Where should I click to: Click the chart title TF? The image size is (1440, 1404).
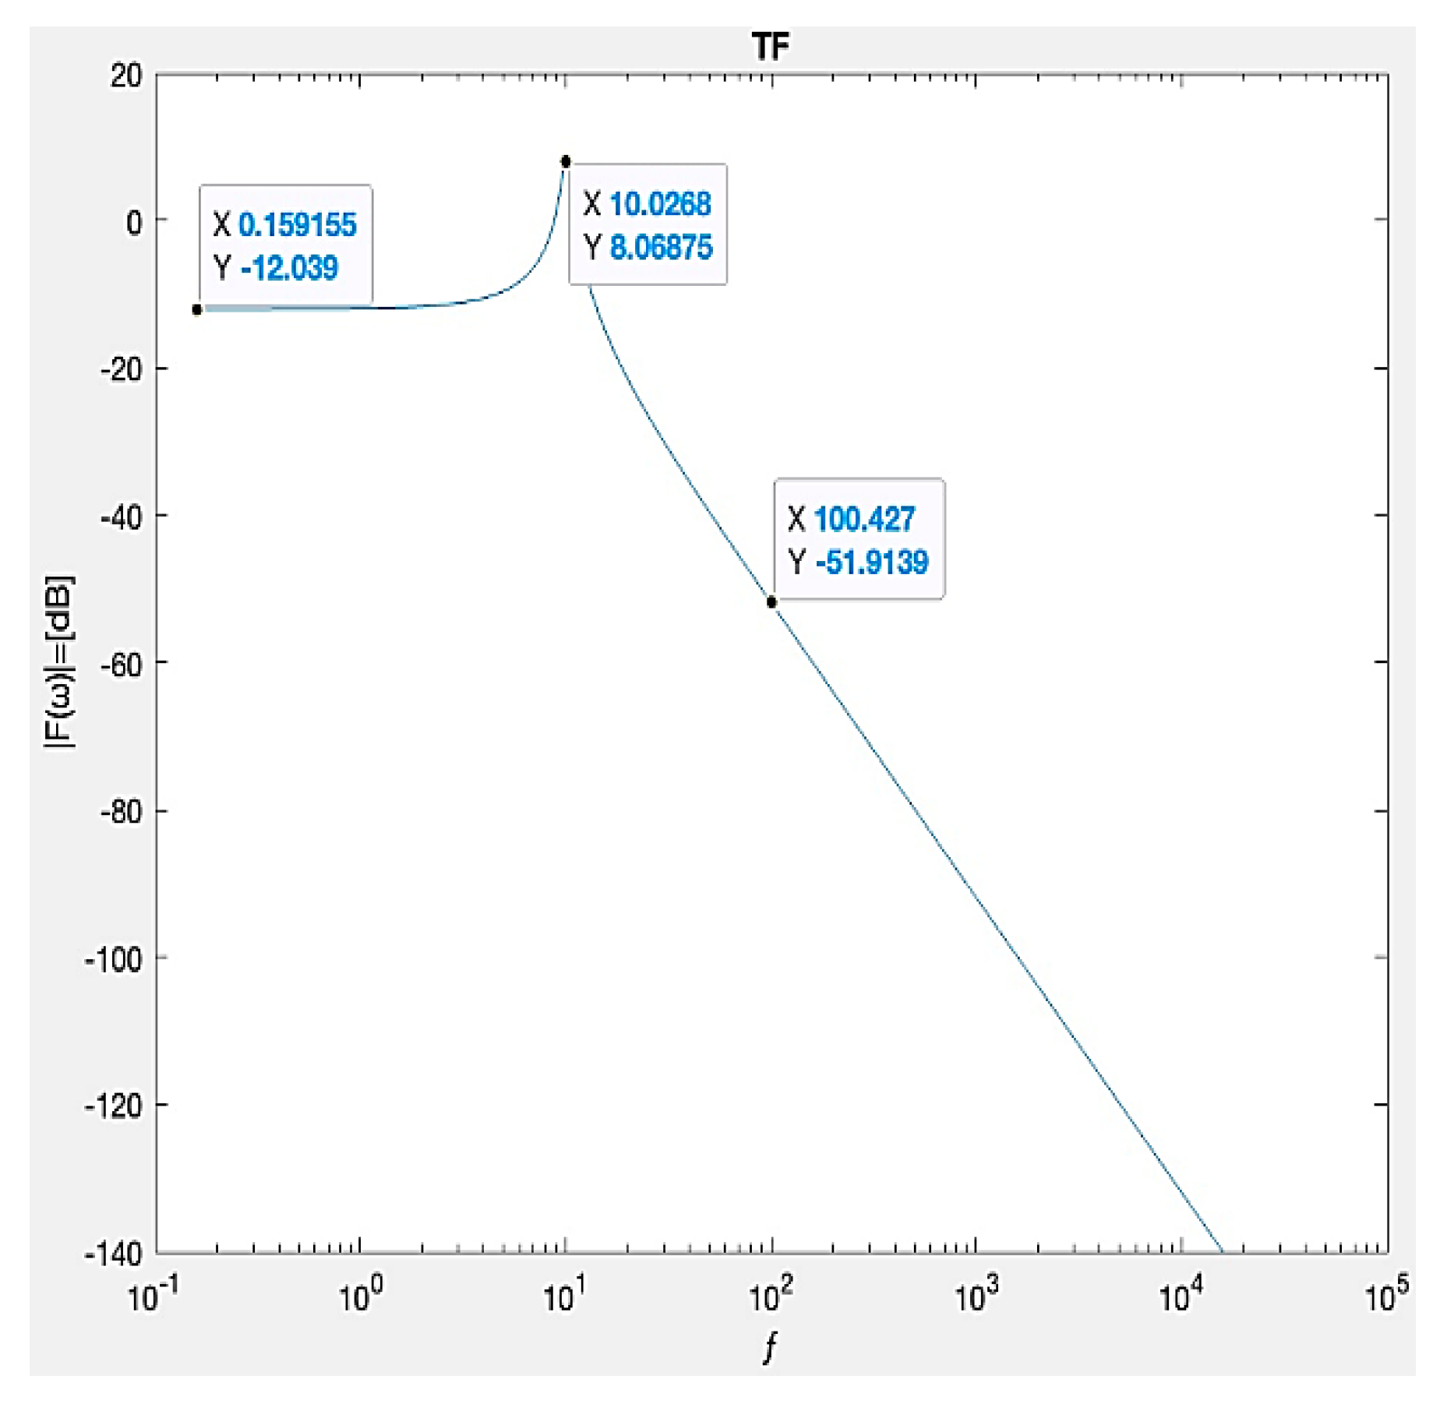[x=771, y=47]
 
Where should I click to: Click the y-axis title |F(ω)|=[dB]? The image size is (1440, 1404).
[x=59, y=662]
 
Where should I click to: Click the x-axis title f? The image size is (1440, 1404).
[x=771, y=1346]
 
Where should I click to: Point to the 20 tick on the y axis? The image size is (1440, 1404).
[x=126, y=76]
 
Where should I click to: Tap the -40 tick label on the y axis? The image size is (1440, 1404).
[x=122, y=517]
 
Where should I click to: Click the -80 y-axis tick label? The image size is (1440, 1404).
[x=122, y=813]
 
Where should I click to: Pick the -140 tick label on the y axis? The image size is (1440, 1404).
[x=115, y=1254]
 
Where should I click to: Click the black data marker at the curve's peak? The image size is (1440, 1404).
[x=566, y=161]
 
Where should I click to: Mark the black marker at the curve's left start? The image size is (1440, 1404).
[x=197, y=309]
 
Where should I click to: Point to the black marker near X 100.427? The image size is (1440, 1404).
[x=771, y=601]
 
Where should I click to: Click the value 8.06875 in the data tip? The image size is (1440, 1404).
[x=661, y=248]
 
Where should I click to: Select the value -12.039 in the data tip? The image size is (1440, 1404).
[x=289, y=268]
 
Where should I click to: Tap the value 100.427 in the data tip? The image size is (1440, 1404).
[x=863, y=519]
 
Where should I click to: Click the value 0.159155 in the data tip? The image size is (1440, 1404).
[x=297, y=225]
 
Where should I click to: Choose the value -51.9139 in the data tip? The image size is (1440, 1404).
[x=871, y=562]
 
